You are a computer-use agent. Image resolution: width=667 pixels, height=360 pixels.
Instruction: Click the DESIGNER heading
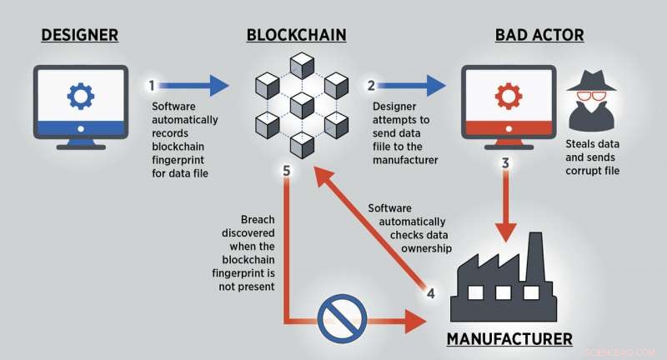[x=80, y=35]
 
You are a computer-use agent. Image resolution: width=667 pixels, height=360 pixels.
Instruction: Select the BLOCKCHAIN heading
[x=296, y=35]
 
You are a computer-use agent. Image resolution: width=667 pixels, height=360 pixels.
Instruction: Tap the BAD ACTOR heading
[x=539, y=35]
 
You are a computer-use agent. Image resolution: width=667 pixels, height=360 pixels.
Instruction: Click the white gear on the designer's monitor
[x=81, y=97]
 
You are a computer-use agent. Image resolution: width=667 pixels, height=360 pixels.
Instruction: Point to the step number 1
[x=151, y=85]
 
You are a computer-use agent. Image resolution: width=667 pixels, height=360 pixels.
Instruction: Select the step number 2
[x=370, y=85]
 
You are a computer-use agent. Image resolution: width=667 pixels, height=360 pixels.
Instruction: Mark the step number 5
[x=286, y=171]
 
